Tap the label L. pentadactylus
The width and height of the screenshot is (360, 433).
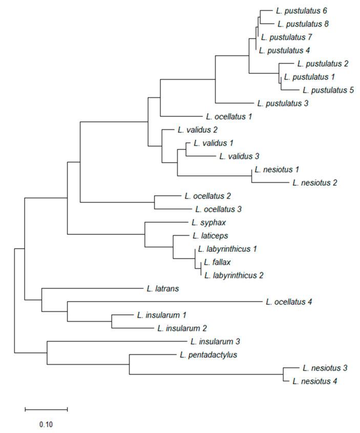point(208,354)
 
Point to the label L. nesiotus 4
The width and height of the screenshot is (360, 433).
point(314,381)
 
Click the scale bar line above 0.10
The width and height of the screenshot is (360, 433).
point(46,409)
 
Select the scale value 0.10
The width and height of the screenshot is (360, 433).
point(47,424)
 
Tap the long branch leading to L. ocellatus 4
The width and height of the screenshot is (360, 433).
point(164,302)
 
